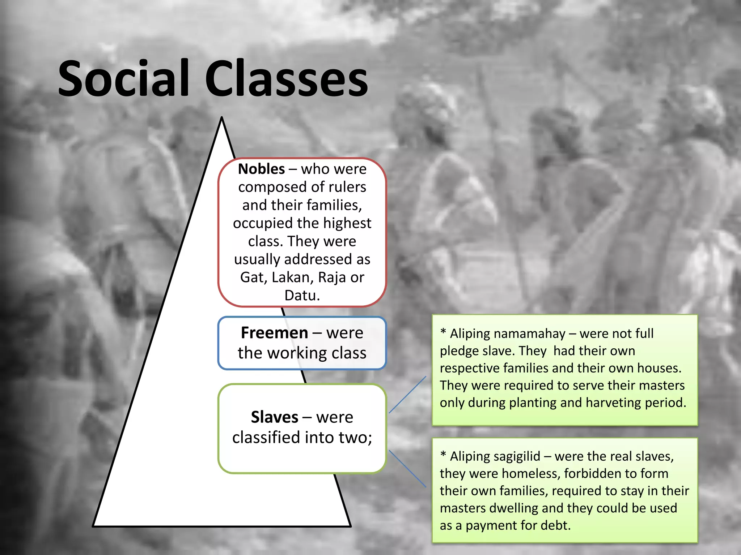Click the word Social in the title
(x=123, y=79)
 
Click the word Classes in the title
(x=287, y=79)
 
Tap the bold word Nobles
(x=261, y=169)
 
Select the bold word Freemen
(x=274, y=333)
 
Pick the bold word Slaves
(x=274, y=417)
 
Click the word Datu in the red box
(x=301, y=296)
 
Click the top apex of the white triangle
(x=222, y=119)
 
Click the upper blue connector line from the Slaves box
(x=407, y=395)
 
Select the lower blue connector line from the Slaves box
(x=407, y=468)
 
